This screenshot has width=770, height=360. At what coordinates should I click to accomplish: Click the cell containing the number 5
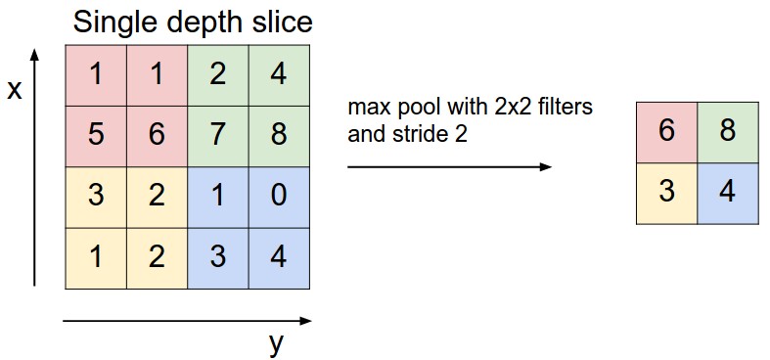(96, 135)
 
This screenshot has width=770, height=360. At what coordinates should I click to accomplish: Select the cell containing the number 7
(218, 135)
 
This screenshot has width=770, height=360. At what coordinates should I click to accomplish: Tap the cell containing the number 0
(279, 196)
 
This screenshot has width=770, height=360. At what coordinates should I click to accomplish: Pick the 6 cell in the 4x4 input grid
(157, 135)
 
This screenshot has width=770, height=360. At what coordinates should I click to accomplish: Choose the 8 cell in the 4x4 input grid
(279, 135)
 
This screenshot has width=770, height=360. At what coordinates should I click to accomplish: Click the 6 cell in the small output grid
(666, 131)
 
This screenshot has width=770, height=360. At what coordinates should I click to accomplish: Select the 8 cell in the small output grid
(728, 131)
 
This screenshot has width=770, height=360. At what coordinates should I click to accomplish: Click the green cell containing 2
(218, 74)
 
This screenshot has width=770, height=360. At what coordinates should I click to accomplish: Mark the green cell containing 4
(279, 74)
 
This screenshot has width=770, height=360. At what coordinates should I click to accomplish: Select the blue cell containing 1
(218, 196)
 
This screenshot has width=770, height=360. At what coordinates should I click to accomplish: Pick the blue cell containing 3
(218, 257)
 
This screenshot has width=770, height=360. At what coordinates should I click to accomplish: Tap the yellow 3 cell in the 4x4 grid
(96, 196)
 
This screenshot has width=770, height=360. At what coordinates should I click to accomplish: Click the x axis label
(14, 91)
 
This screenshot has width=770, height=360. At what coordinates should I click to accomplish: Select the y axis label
(277, 342)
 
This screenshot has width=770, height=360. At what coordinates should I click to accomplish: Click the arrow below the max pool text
(449, 166)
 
